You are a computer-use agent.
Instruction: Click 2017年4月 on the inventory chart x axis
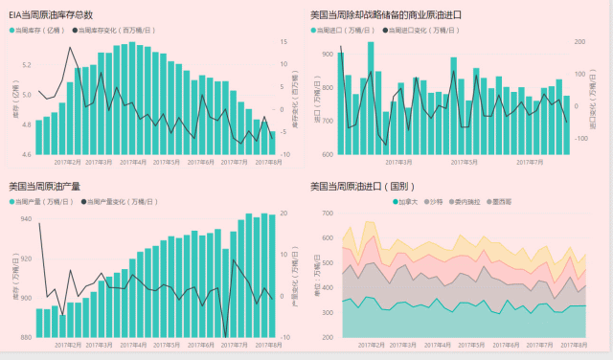coord(135,162)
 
